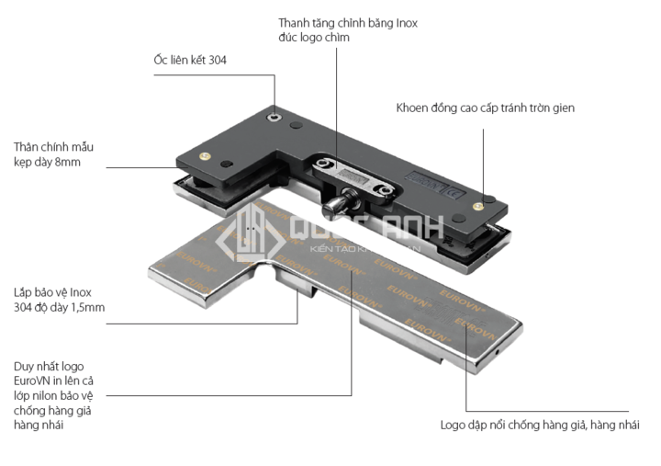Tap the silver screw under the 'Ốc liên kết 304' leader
click(274, 117)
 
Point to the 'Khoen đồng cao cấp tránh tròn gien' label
click(486, 108)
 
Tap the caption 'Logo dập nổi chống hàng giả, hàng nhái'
click(539, 425)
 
